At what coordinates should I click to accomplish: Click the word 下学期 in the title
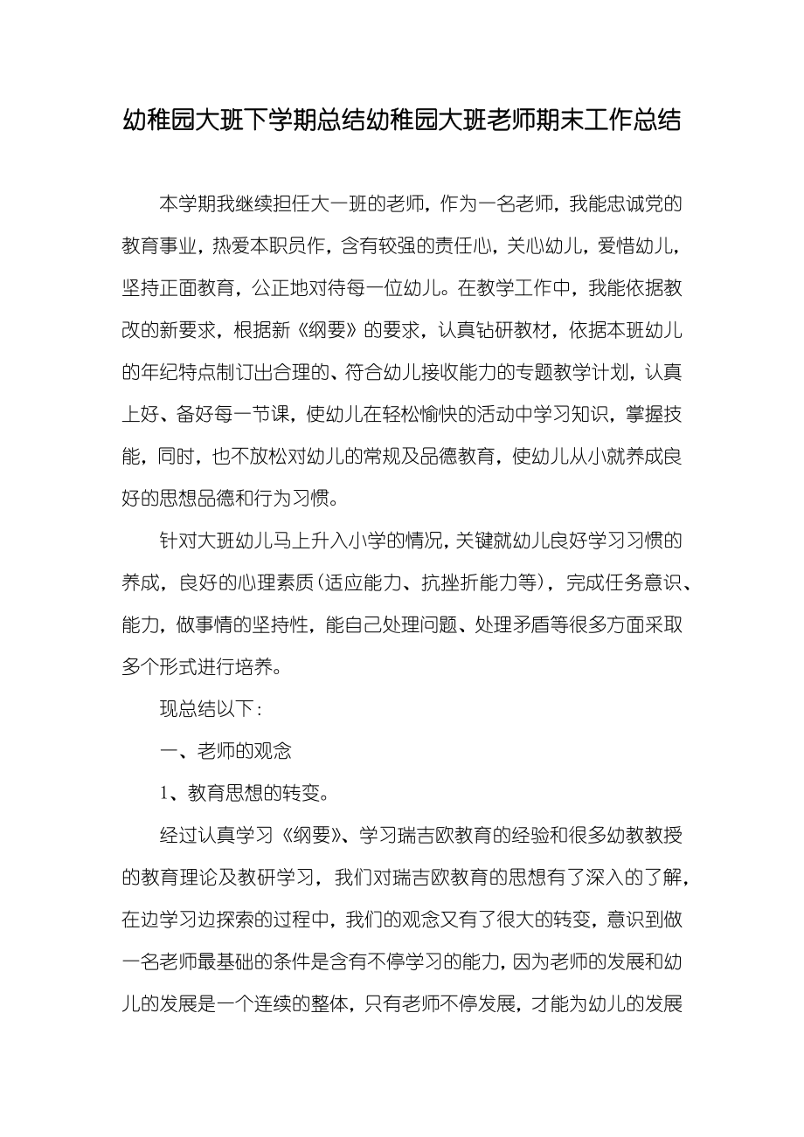(x=285, y=121)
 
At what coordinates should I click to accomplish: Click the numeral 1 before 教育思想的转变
(x=163, y=794)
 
